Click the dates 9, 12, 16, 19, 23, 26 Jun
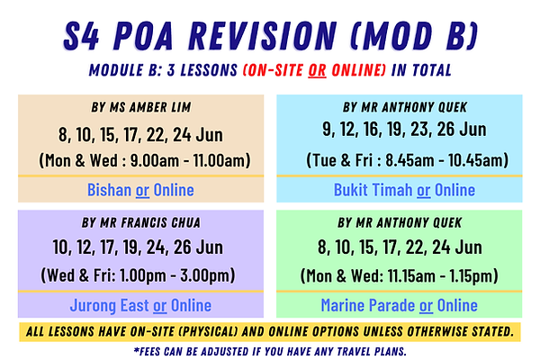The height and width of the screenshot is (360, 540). point(403,130)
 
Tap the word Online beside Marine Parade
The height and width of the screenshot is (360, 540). point(456,305)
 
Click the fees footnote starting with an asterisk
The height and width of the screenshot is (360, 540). point(270,348)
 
